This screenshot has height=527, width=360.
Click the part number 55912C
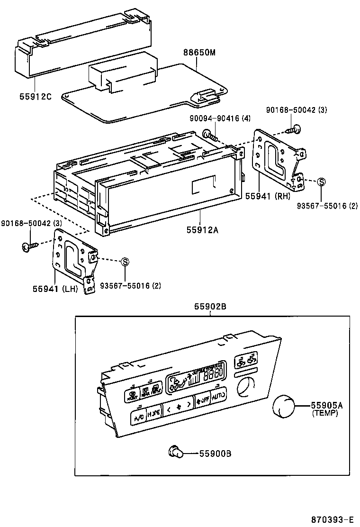36,96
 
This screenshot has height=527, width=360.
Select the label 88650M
200,53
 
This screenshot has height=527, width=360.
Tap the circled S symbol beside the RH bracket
321,181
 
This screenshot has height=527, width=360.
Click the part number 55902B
210,307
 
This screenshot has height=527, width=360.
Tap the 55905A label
327,405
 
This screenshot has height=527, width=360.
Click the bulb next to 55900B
177,453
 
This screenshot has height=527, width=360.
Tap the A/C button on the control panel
139,418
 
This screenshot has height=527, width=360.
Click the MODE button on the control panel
153,414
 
